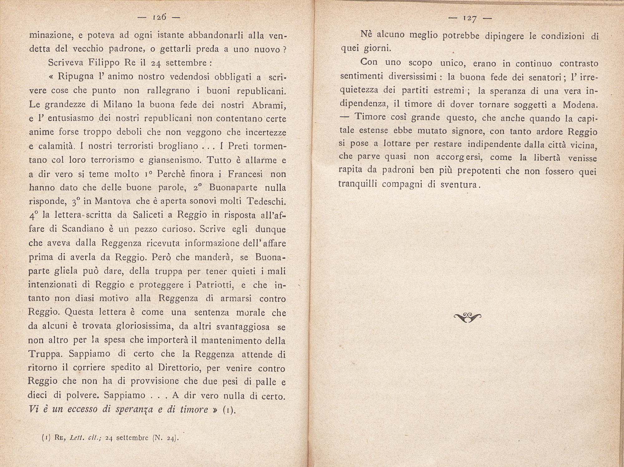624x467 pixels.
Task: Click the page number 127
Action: click(x=469, y=19)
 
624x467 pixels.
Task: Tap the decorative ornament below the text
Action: click(x=467, y=317)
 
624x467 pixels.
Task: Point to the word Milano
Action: click(x=117, y=104)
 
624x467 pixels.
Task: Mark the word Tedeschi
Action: click(x=266, y=201)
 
